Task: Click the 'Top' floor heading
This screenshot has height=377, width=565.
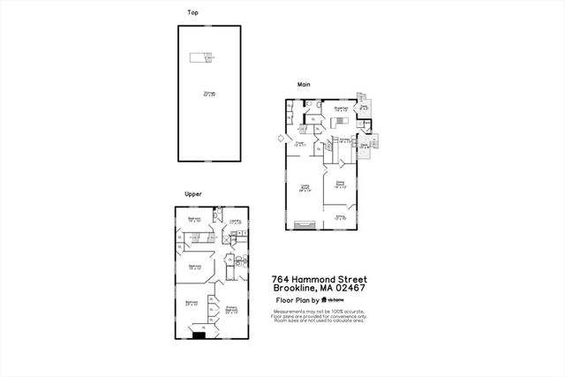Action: [192, 13]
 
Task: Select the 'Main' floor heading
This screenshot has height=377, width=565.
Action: [304, 85]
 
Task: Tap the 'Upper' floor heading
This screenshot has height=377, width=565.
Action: [193, 193]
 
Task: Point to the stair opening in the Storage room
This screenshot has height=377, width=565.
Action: [201, 58]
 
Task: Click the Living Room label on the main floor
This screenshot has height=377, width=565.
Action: [305, 187]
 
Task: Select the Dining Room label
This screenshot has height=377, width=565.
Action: [340, 185]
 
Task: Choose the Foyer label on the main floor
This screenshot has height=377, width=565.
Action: [299, 143]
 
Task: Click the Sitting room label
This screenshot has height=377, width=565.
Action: [340, 216]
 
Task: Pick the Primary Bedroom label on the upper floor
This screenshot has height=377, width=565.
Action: [232, 310]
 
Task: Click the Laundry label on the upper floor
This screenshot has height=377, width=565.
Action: [236, 222]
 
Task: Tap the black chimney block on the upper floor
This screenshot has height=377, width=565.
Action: [199, 333]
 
